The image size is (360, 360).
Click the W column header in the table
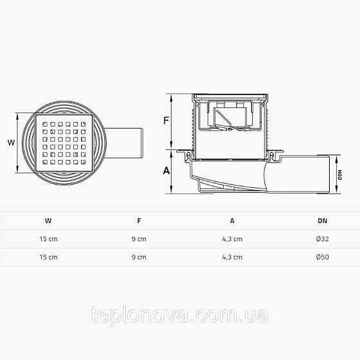[48, 221]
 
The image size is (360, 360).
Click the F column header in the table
[139, 221]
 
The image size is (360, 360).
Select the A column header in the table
[232, 221]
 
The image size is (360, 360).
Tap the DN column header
[322, 221]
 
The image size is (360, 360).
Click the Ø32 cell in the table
[322, 239]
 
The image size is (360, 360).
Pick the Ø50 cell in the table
[322, 256]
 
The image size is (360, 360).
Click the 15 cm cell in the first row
[48, 239]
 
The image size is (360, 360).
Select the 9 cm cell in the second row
[139, 256]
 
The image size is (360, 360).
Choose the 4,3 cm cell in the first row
[232, 239]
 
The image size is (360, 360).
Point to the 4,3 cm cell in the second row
[232, 256]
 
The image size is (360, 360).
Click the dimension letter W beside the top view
[10, 143]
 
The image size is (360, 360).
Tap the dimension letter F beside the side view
[166, 121]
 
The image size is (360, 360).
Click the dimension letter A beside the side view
[166, 170]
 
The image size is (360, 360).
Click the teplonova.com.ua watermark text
[180, 316]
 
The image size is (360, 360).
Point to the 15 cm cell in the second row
[48, 256]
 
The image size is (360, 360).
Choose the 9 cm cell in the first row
[139, 239]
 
